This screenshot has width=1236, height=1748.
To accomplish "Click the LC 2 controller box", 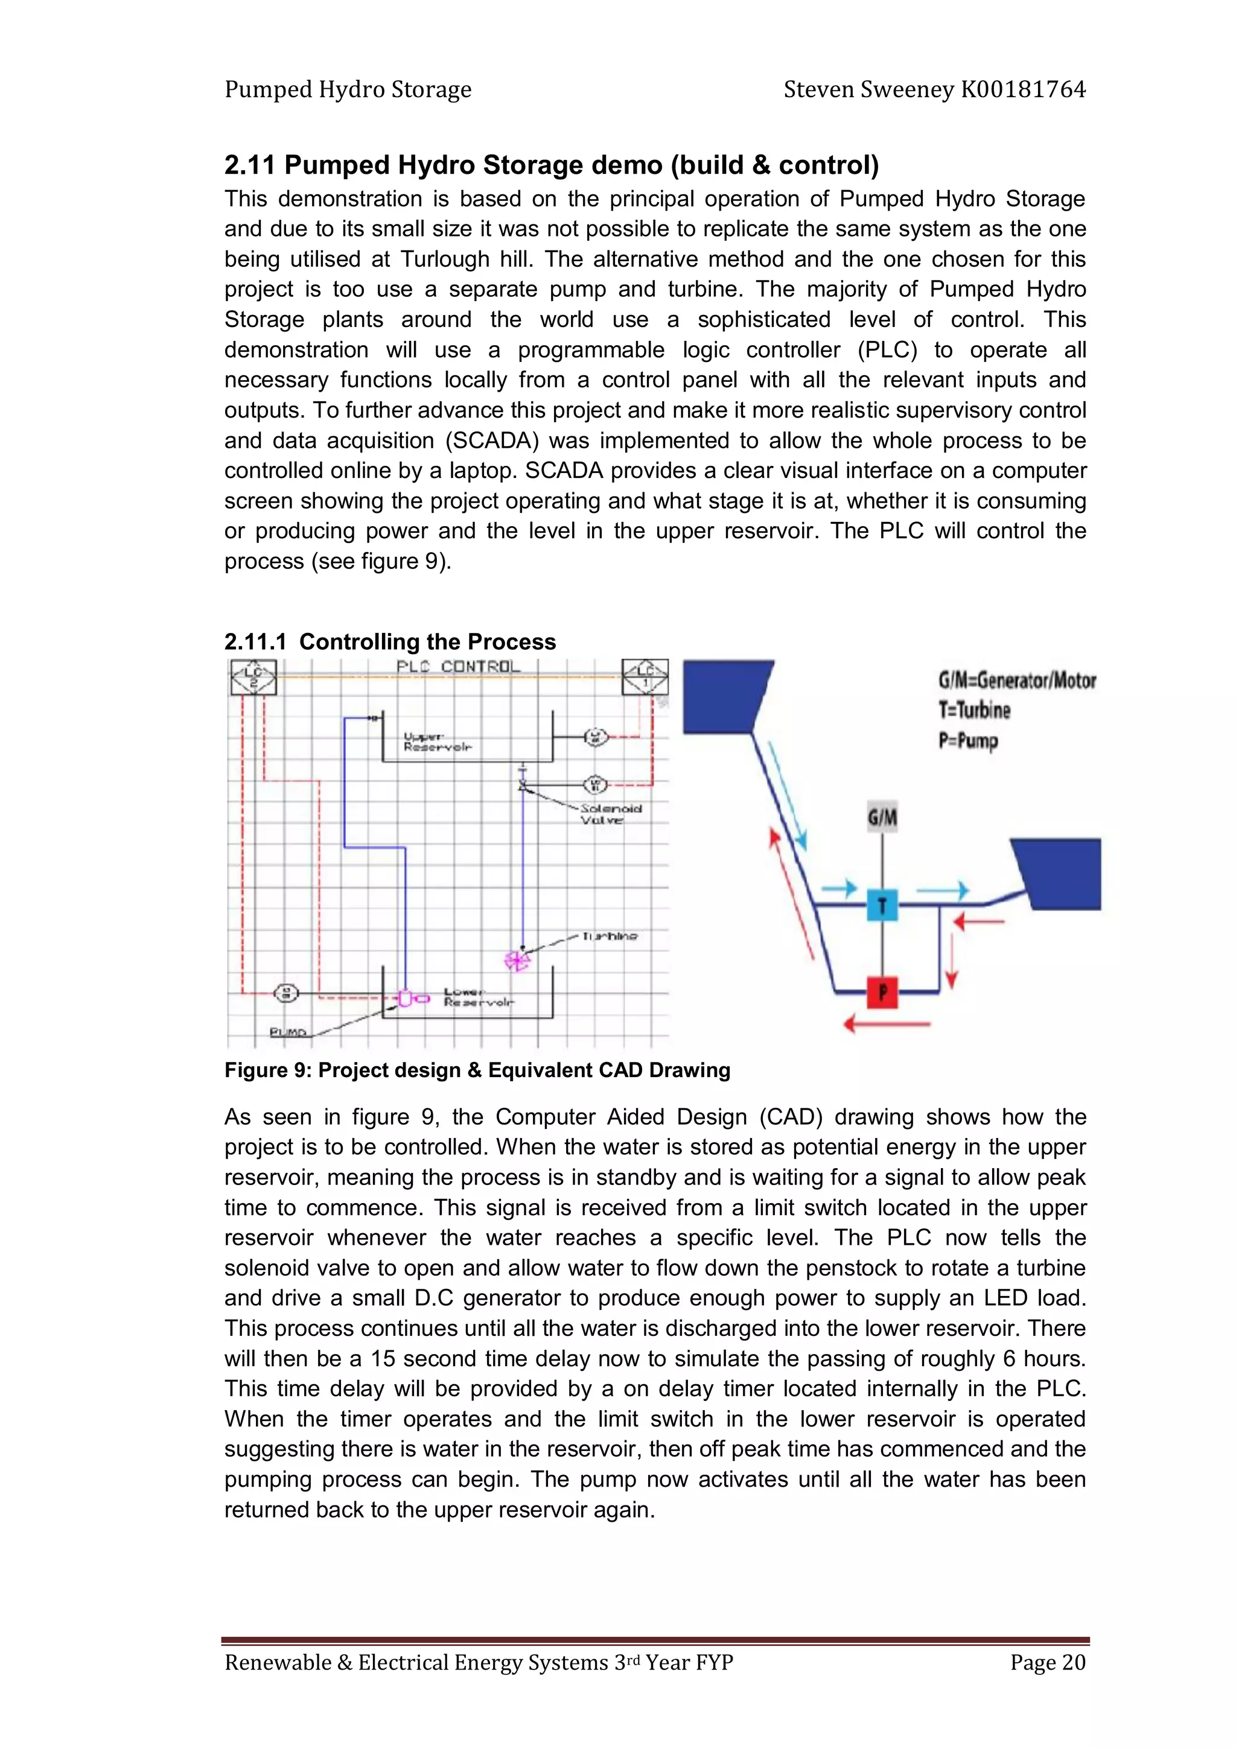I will click(x=253, y=677).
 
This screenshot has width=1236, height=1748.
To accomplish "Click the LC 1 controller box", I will click(x=645, y=677).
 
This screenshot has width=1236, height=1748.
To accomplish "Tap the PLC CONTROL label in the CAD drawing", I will click(x=457, y=666).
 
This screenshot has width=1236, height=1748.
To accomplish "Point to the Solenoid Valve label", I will click(x=610, y=814).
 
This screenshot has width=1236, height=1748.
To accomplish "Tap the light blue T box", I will click(x=882, y=905).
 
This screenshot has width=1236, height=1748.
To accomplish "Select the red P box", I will click(x=882, y=992).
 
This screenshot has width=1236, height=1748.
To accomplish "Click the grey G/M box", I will click(x=882, y=818).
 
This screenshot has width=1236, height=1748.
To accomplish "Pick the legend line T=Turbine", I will click(x=974, y=710).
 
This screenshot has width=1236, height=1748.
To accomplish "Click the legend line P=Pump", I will click(x=967, y=740).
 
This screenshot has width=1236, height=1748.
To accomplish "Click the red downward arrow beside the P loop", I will click(x=951, y=967).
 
